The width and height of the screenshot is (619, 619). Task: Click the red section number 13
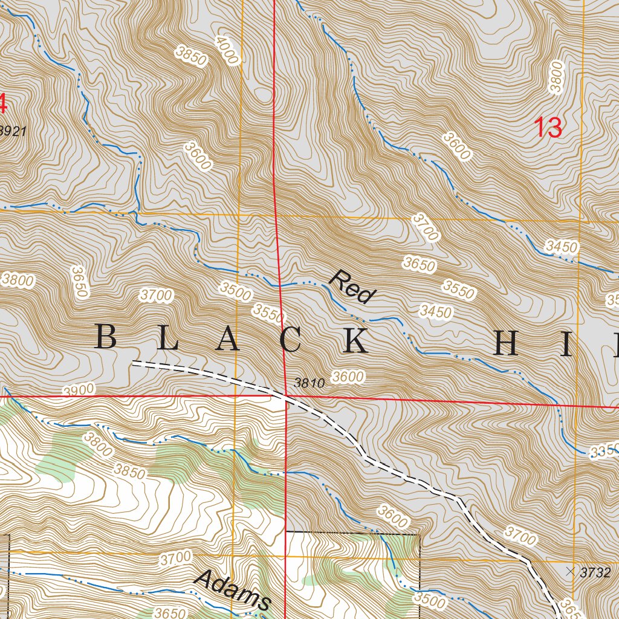tap(548, 128)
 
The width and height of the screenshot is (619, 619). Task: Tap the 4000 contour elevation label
tap(227, 50)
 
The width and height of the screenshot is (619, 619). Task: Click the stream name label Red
tap(352, 286)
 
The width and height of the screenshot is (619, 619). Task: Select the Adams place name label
tap(233, 589)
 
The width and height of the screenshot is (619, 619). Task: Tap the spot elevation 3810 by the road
tap(309, 383)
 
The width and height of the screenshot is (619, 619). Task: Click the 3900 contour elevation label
tap(79, 390)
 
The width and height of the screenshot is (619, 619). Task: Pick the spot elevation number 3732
tap(595, 572)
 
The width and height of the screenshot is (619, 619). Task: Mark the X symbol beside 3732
tap(570, 570)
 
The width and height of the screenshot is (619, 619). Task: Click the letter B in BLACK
tap(106, 337)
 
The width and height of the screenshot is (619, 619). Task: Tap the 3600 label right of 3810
tap(349, 377)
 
